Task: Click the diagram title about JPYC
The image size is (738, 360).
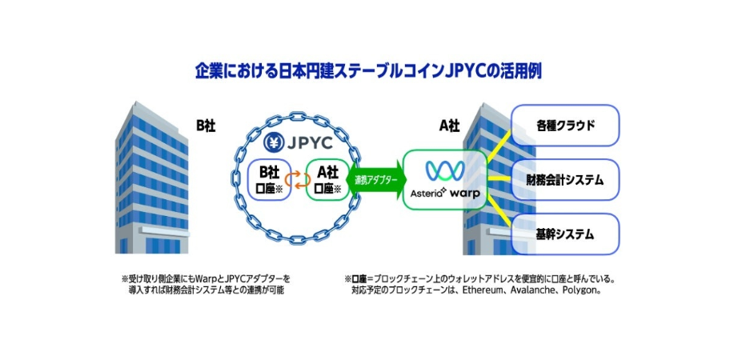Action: (x=369, y=71)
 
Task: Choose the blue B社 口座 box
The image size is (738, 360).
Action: (x=267, y=179)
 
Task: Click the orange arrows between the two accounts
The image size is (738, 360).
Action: (x=298, y=179)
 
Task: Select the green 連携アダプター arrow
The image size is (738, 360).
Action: (x=376, y=180)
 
